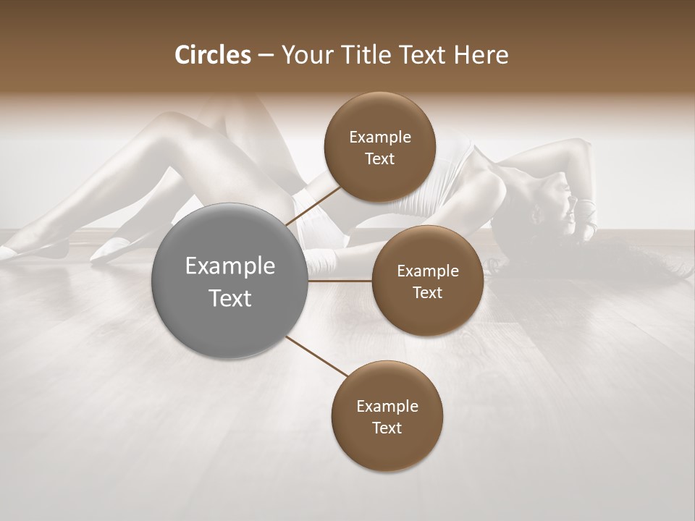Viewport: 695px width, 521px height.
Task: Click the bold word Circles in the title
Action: pos(212,55)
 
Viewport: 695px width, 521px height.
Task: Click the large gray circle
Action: pos(230,281)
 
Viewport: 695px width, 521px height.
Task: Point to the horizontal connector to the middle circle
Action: pos(340,281)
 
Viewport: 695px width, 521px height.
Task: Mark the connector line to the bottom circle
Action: pos(315,356)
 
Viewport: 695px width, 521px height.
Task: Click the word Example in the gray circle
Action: pos(230,266)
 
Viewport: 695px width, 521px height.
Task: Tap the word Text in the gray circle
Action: pos(230,298)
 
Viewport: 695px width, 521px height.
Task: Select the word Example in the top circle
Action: pos(380,137)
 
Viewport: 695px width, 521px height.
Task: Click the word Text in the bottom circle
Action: pos(387,428)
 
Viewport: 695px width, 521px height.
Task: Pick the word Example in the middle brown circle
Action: pos(428,271)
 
